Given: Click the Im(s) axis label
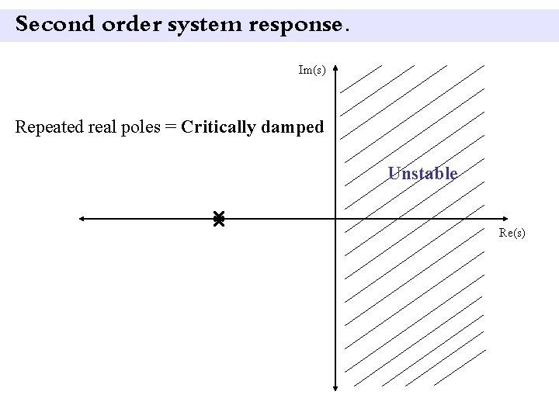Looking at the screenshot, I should (x=311, y=70).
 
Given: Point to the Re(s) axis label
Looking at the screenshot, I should (x=512, y=232).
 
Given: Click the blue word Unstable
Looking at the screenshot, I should (x=422, y=173).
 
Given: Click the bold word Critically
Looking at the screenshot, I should (x=218, y=126).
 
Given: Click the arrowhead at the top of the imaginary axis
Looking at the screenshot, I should (x=335, y=69).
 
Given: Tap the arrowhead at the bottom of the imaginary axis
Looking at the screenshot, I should (x=335, y=388).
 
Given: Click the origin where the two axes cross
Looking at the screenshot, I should (x=335, y=219).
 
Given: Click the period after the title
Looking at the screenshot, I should (x=346, y=29).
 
